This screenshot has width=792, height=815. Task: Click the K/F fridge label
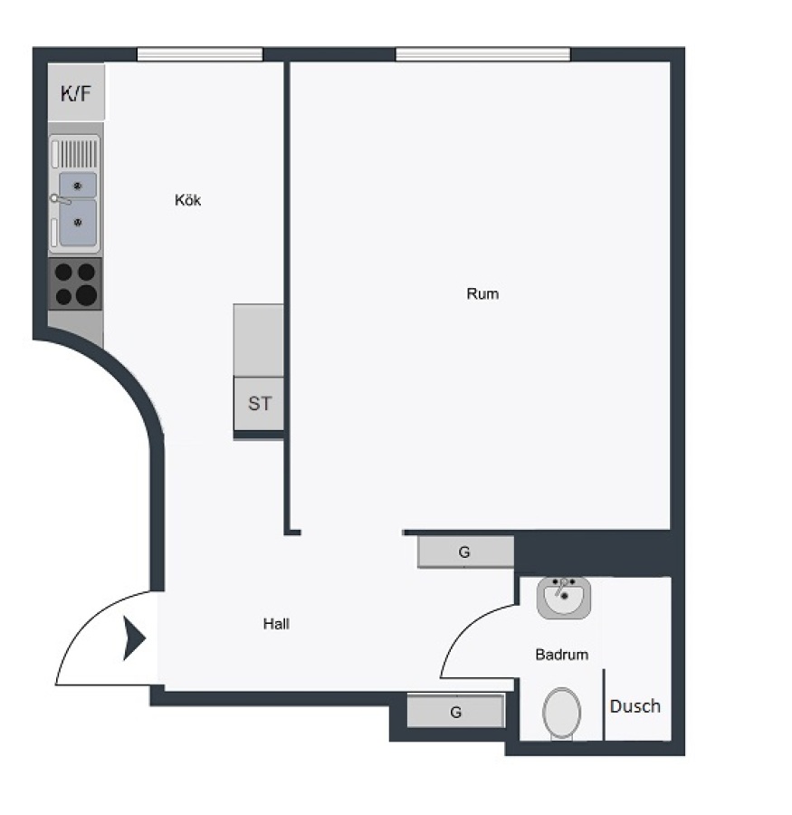(76, 93)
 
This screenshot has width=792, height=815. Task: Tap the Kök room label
(187, 200)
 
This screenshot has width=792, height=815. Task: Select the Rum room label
(482, 294)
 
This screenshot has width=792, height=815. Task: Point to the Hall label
(276, 624)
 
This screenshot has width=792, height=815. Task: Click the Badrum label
(562, 655)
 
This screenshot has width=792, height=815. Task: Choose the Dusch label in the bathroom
(635, 706)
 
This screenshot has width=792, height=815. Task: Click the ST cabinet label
(259, 404)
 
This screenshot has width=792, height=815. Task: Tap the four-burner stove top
(75, 284)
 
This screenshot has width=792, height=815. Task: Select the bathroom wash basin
(564, 598)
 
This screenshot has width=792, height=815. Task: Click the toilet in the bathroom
(562, 713)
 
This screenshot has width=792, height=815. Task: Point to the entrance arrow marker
(134, 638)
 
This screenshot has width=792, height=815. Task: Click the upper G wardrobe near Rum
(465, 552)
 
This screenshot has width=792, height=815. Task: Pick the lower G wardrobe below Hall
(455, 712)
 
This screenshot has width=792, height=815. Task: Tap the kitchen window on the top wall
(200, 54)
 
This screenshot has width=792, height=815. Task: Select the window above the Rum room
(482, 54)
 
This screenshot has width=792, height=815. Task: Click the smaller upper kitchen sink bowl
(78, 185)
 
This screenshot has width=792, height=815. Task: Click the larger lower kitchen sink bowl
(78, 223)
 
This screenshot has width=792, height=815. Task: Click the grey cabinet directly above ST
(259, 340)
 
